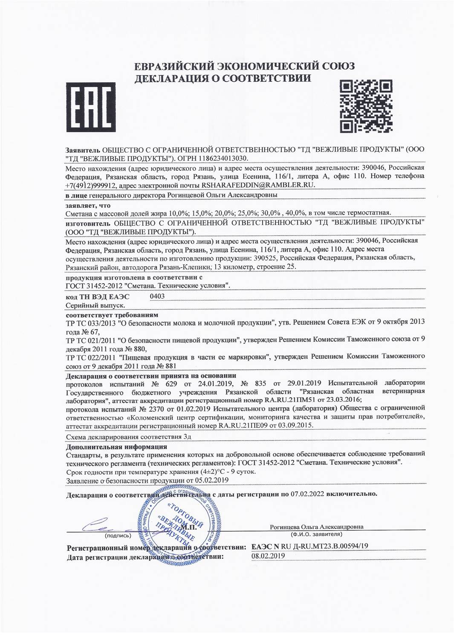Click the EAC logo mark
pos(91,107)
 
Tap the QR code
pos(366,106)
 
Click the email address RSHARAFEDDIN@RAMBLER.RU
pos(252,185)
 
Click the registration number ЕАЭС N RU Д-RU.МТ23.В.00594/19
pos(310,546)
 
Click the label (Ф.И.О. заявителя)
pos(317,534)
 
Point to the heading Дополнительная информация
pos(116,447)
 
